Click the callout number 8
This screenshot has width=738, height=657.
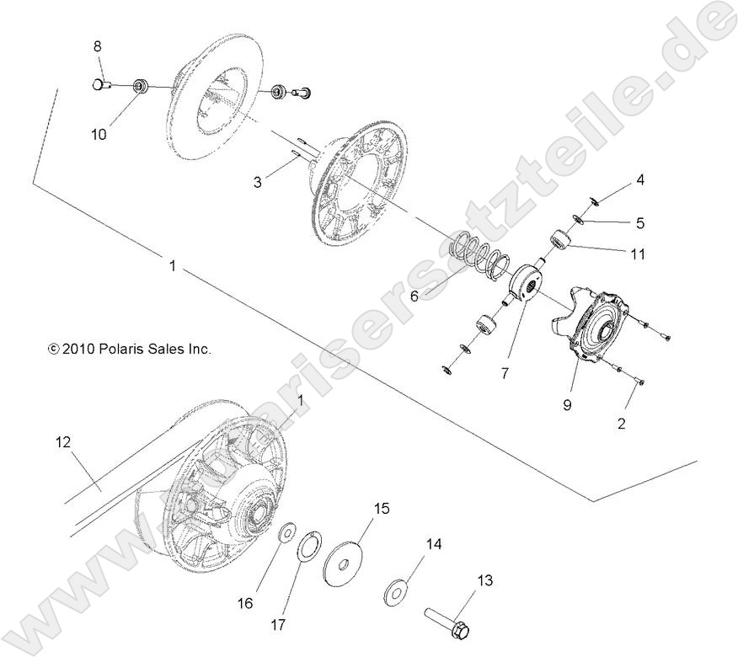point(97,46)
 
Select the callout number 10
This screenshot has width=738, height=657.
point(99,134)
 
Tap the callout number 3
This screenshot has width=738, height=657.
point(258,181)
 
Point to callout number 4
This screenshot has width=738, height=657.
point(640,179)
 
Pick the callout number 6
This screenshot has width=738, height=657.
point(414,296)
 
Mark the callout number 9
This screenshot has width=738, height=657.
point(568,405)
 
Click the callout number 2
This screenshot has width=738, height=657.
point(622,424)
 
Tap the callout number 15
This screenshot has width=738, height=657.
point(382,508)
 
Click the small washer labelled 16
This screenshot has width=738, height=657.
point(287,533)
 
